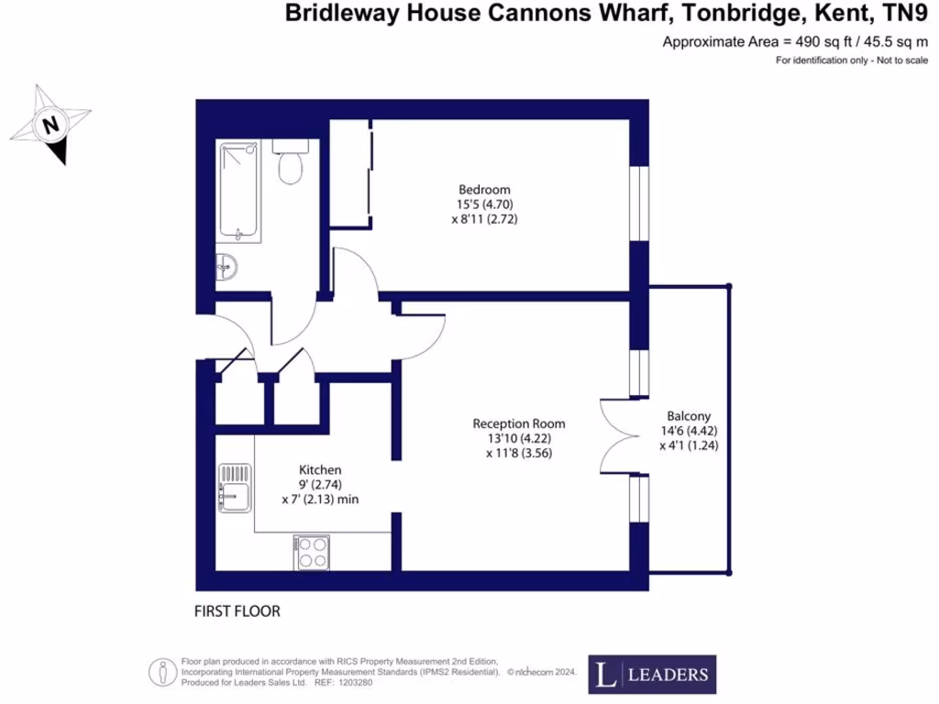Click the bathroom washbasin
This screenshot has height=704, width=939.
228,268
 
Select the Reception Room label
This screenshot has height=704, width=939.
519,423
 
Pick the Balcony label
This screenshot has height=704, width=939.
689,414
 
